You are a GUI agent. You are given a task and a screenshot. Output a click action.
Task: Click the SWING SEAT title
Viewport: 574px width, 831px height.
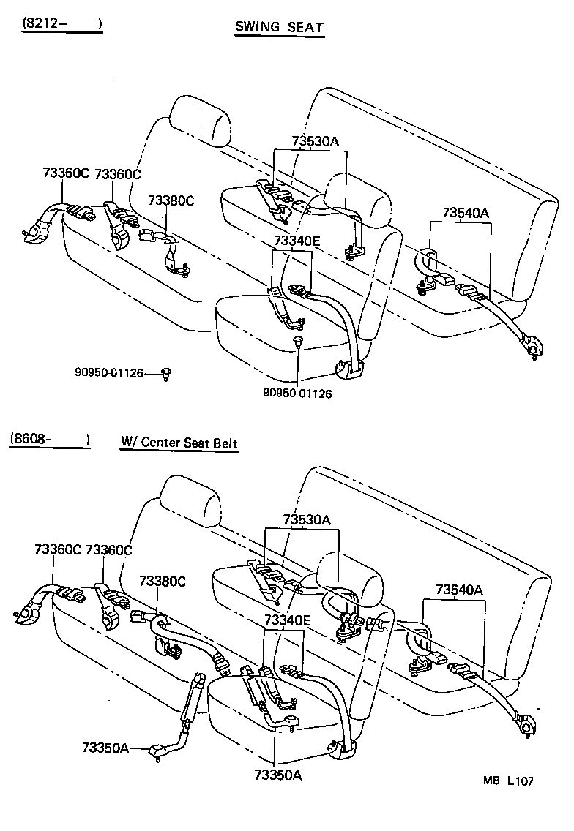click(279, 28)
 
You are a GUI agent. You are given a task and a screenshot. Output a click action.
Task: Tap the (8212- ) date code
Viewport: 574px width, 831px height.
click(61, 23)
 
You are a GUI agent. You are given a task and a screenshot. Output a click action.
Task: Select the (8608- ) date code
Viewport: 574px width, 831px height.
click(51, 440)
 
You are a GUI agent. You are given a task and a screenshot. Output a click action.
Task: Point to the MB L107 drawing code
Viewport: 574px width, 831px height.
click(507, 781)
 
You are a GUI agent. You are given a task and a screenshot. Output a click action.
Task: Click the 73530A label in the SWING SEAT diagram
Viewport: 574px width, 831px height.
click(308, 143)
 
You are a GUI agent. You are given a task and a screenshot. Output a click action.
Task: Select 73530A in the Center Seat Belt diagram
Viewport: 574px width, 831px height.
click(307, 520)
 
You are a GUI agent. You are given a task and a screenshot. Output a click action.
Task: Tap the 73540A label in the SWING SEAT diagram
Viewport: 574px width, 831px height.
click(466, 213)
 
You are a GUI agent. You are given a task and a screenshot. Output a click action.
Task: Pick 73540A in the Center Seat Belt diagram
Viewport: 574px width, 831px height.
click(459, 590)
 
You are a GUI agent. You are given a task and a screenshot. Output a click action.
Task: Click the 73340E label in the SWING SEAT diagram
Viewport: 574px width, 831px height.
click(297, 240)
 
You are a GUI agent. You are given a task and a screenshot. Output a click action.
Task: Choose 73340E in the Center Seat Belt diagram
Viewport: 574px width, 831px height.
click(287, 620)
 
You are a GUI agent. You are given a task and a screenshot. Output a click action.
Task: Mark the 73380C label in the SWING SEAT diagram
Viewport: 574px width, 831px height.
click(171, 200)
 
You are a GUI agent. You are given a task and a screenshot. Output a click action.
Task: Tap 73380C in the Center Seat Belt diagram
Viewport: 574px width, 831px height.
click(163, 581)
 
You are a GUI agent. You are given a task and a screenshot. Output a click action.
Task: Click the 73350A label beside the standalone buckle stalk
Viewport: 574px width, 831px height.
click(105, 748)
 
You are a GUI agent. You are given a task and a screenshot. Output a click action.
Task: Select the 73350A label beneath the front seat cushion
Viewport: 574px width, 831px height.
click(277, 775)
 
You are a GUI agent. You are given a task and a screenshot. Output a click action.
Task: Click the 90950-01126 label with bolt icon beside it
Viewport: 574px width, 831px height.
click(108, 373)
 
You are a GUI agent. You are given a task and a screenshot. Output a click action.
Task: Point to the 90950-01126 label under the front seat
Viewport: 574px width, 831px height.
click(298, 394)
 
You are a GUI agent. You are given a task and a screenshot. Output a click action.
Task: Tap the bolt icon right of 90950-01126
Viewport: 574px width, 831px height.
click(168, 374)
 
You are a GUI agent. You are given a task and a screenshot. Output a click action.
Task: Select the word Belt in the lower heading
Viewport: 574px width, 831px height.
click(224, 443)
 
